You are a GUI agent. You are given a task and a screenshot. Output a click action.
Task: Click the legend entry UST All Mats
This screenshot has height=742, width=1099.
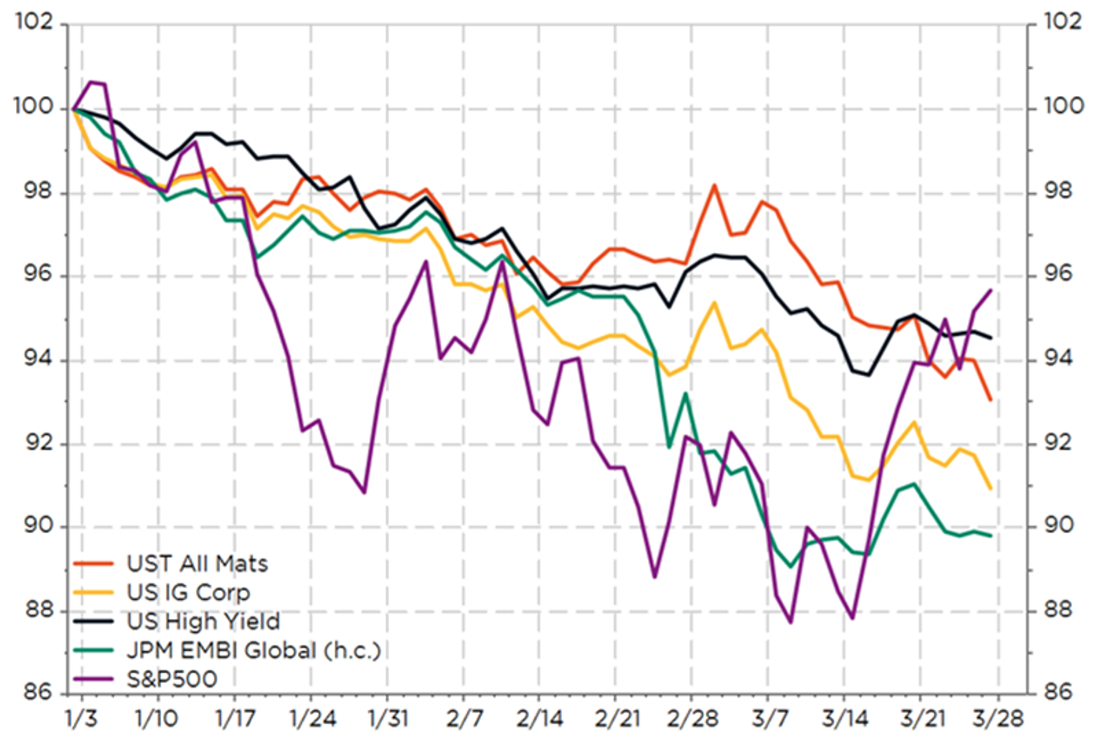(x=197, y=564)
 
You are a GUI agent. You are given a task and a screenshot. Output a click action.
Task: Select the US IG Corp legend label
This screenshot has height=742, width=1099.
(x=188, y=593)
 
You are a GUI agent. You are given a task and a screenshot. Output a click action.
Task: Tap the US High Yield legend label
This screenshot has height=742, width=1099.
(x=203, y=621)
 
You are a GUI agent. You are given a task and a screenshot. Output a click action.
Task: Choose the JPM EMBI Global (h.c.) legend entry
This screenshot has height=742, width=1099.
(x=253, y=650)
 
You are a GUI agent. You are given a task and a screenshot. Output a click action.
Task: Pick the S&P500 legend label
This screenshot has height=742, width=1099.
(x=172, y=679)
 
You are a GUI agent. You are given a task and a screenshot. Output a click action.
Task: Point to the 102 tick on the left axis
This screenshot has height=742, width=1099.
(x=34, y=22)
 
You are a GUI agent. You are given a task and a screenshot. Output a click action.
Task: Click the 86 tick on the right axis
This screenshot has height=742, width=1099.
(x=1063, y=692)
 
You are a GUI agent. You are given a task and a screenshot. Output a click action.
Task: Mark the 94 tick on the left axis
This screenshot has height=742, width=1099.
(x=35, y=359)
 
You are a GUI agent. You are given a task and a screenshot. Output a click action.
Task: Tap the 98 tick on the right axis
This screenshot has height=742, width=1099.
(x=1063, y=191)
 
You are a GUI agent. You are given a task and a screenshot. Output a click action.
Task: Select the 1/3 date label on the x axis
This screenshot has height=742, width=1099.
(x=81, y=719)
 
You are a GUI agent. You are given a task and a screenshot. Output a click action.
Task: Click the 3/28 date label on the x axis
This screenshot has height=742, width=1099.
(x=999, y=719)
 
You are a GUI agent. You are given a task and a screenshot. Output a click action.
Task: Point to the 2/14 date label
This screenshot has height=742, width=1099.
(x=539, y=719)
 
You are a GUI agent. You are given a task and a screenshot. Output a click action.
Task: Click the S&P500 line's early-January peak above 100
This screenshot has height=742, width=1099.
(x=91, y=81)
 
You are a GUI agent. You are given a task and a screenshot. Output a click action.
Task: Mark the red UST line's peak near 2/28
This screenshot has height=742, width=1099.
(x=715, y=185)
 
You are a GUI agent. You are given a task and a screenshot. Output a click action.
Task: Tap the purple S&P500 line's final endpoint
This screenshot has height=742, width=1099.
(x=991, y=290)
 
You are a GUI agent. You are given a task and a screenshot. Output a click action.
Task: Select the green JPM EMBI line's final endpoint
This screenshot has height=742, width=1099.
(x=991, y=535)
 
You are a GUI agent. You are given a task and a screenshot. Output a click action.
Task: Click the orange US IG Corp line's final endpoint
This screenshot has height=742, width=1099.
(x=991, y=488)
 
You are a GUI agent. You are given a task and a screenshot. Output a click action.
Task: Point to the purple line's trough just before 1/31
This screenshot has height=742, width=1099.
(x=364, y=492)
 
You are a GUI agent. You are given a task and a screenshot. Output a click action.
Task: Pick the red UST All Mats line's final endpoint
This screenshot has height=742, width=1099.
(x=991, y=400)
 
